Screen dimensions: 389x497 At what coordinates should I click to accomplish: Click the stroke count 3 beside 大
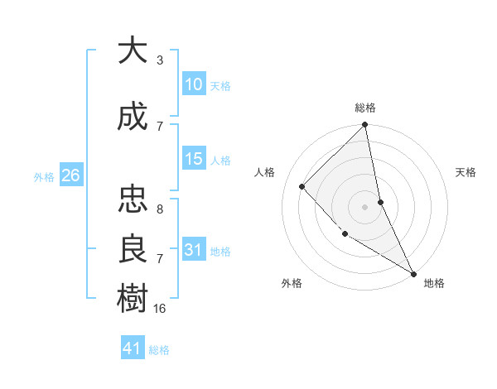click(x=160, y=60)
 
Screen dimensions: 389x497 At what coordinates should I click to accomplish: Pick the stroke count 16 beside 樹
click(x=160, y=308)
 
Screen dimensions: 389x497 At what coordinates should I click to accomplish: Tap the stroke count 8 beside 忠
click(x=160, y=209)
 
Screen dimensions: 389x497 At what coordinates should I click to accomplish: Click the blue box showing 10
click(x=194, y=84)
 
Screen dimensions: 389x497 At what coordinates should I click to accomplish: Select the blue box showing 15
click(x=194, y=159)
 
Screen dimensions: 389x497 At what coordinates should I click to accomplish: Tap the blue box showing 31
click(x=194, y=250)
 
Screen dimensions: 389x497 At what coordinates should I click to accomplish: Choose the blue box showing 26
click(x=70, y=175)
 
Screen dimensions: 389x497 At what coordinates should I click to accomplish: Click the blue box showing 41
click(x=133, y=348)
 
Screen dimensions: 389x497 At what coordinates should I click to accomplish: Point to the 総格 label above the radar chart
click(x=365, y=108)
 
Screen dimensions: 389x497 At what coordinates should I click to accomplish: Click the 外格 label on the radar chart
click(x=292, y=283)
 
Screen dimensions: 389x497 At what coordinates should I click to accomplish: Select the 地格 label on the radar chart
click(x=434, y=283)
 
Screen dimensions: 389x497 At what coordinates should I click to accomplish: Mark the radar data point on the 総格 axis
click(x=365, y=126)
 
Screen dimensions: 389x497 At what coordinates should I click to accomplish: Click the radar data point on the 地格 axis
click(x=413, y=272)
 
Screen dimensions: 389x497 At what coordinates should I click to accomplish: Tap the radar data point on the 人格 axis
click(x=302, y=186)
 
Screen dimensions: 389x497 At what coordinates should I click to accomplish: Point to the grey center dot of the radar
click(x=365, y=207)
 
